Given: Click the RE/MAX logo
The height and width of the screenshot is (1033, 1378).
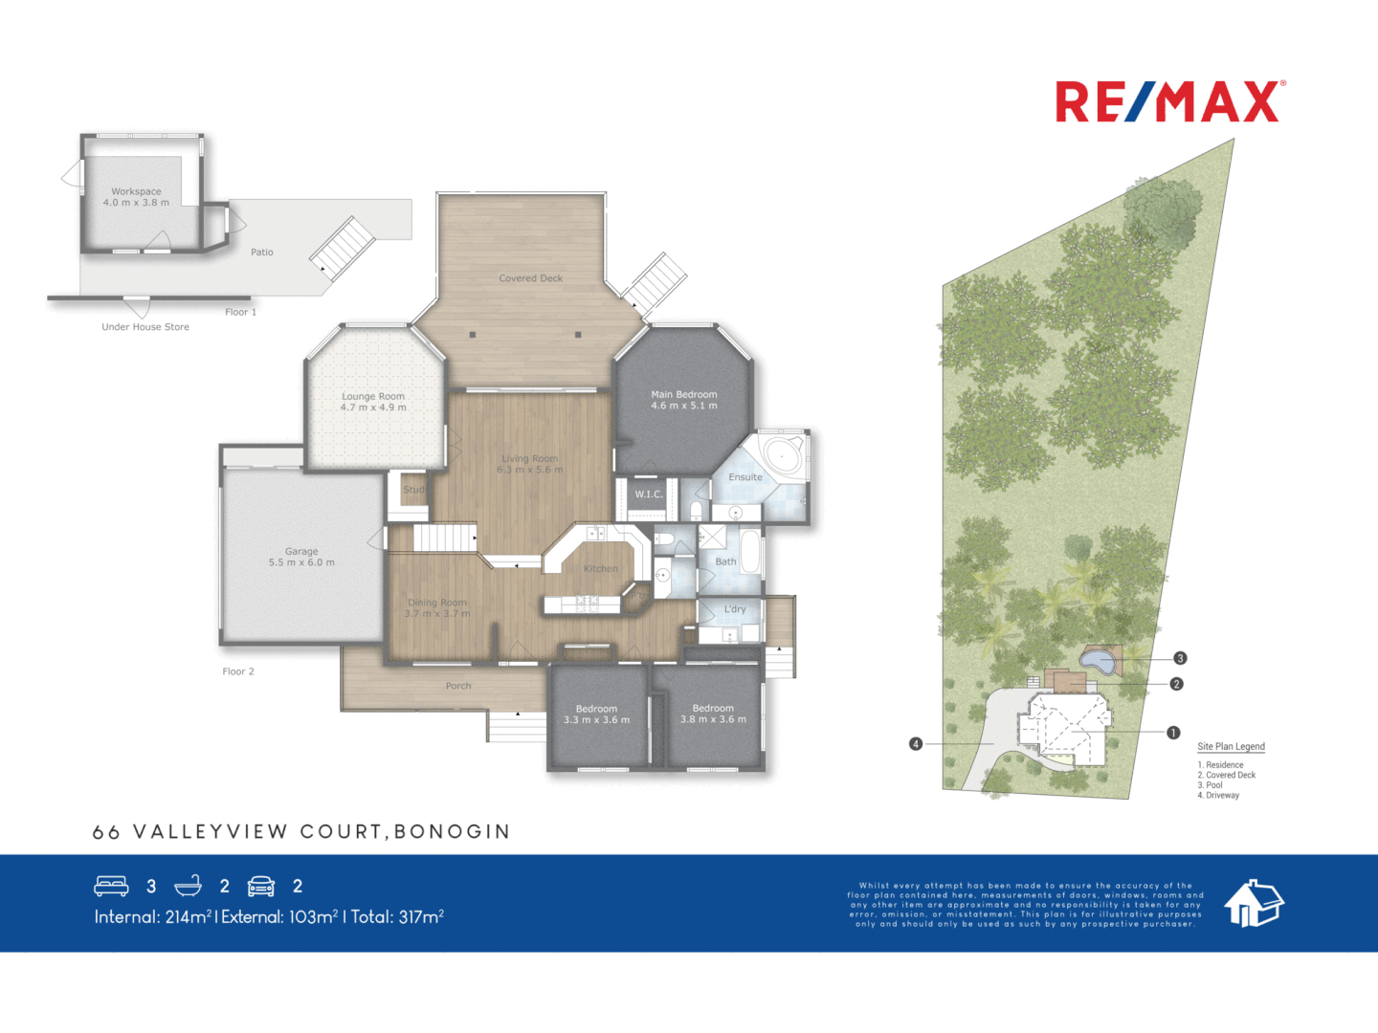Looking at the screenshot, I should click(x=1169, y=102).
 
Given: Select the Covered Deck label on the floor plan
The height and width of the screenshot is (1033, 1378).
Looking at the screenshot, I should click(x=530, y=278).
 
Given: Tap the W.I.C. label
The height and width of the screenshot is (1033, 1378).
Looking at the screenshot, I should click(x=648, y=495).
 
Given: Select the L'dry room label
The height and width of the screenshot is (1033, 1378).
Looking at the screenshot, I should click(x=735, y=609).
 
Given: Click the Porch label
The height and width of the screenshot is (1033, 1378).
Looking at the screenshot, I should click(x=458, y=686).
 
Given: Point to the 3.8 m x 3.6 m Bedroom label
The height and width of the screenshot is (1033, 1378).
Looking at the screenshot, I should click(x=713, y=714).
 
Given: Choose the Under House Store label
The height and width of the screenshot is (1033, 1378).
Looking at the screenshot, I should click(x=145, y=327).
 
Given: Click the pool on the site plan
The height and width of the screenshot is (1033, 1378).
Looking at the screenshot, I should click(x=1099, y=660).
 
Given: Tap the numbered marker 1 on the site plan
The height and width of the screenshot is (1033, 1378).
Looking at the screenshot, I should click(x=1173, y=733).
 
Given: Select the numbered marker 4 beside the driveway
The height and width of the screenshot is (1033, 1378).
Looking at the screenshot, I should click(x=916, y=743).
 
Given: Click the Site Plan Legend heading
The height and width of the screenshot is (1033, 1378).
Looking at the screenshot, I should click(x=1231, y=747).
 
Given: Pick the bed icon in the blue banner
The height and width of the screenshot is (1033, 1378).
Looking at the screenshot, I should click(x=111, y=886).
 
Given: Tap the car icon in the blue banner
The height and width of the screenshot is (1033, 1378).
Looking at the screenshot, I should click(x=261, y=886).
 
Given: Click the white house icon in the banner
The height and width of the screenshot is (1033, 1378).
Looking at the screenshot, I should click(x=1254, y=903).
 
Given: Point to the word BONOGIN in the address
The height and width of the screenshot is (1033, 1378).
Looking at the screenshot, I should click(x=452, y=832).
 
